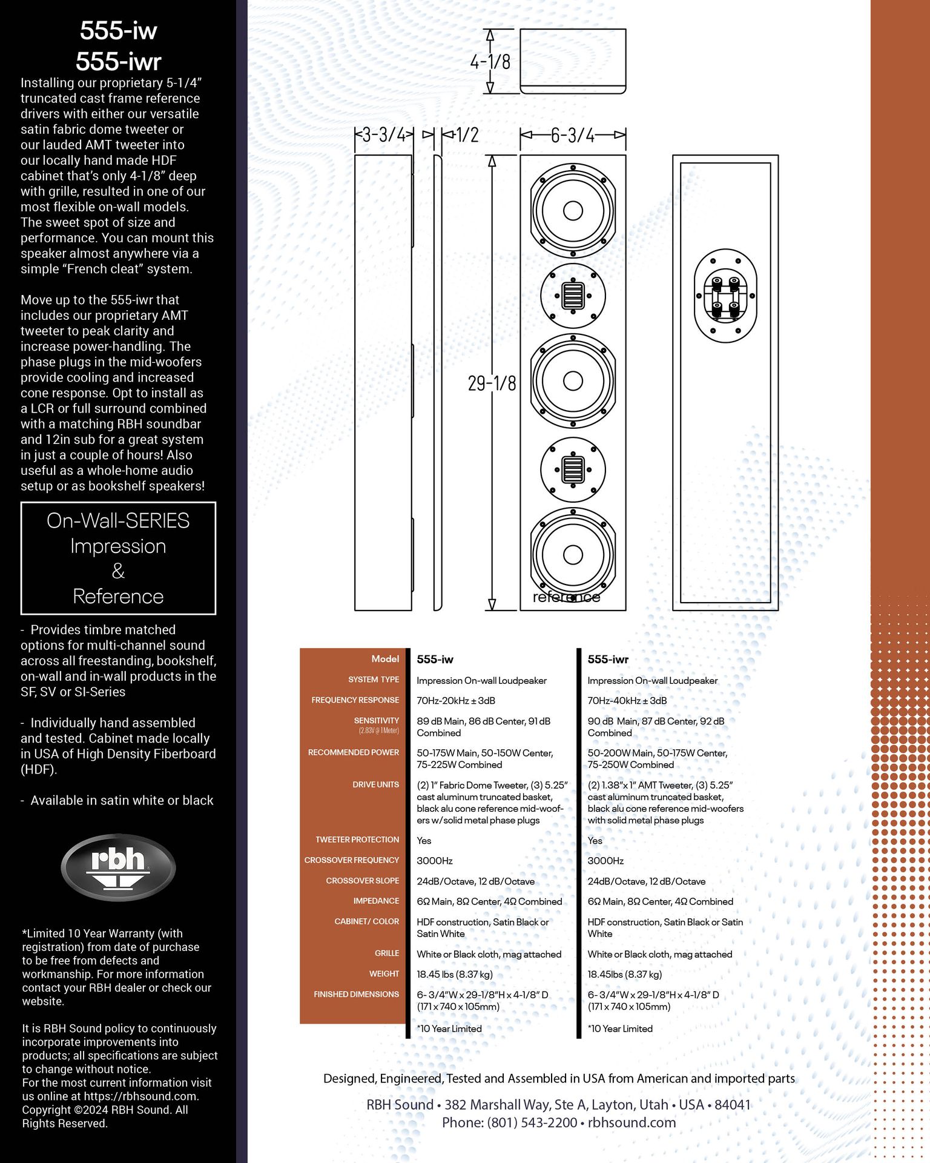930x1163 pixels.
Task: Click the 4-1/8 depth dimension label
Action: click(x=490, y=61)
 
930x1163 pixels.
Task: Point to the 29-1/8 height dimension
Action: click(x=492, y=383)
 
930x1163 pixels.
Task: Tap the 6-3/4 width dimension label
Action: click(x=572, y=134)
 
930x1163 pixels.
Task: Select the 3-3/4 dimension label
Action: click(x=384, y=134)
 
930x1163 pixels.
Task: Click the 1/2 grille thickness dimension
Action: click(x=467, y=134)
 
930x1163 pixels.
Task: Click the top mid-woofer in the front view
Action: click(x=573, y=211)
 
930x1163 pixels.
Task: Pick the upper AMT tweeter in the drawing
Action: click(x=573, y=296)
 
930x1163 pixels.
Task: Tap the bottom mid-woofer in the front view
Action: click(x=573, y=554)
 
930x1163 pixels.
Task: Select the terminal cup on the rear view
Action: click(x=725, y=296)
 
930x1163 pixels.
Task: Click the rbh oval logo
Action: click(x=118, y=867)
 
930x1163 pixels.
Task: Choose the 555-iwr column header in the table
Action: click(x=608, y=659)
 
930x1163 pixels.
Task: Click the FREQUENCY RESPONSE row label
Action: click(x=355, y=700)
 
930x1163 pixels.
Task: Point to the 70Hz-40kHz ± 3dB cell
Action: click(x=627, y=701)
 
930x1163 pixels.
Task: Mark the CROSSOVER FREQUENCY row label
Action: click(x=351, y=860)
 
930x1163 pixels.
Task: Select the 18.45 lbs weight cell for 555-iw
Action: click(x=454, y=974)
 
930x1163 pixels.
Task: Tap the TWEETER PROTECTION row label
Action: click(x=357, y=840)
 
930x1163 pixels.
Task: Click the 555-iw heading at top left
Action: click(x=118, y=30)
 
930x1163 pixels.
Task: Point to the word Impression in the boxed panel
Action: click(x=118, y=546)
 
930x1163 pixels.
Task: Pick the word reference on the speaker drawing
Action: click(x=566, y=597)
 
